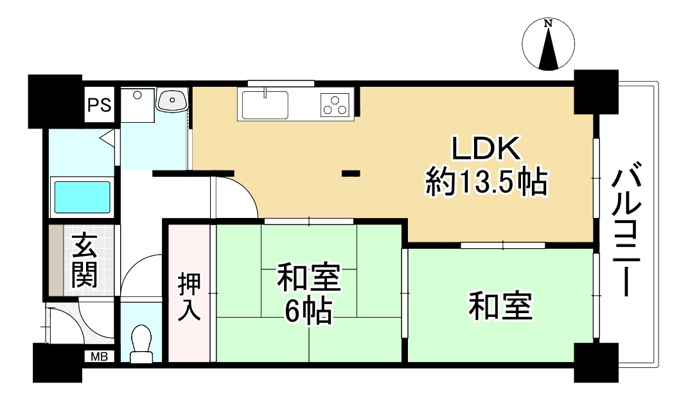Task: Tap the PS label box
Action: click(x=100, y=105)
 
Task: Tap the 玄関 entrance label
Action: click(x=84, y=260)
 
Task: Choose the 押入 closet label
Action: click(x=190, y=296)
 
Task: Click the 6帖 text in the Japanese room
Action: click(x=308, y=313)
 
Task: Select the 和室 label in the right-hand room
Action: click(x=500, y=306)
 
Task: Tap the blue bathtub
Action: click(x=82, y=197)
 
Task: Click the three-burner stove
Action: click(x=335, y=104)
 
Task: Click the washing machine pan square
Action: click(x=137, y=104)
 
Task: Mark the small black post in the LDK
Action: click(x=350, y=172)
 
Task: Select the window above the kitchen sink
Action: click(x=281, y=83)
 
